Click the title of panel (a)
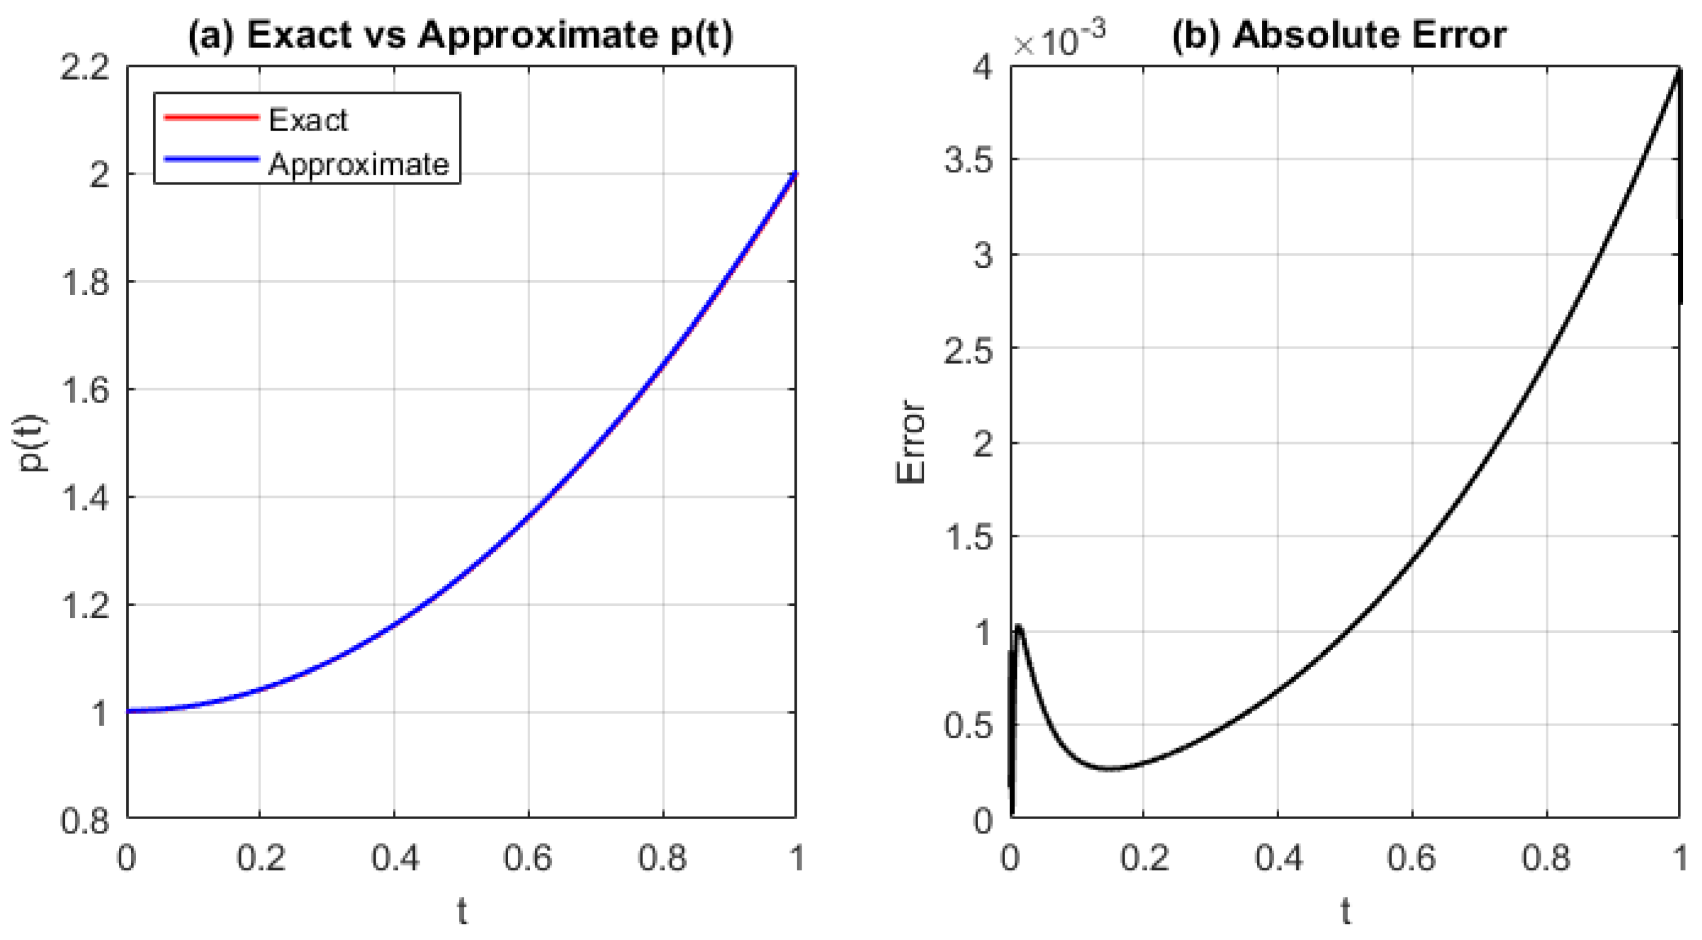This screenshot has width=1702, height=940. (x=460, y=35)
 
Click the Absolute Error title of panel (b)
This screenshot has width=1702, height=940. (x=1339, y=35)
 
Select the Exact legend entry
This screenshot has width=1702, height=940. (x=308, y=120)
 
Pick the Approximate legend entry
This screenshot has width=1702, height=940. (x=358, y=163)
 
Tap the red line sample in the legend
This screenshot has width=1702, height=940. (x=211, y=118)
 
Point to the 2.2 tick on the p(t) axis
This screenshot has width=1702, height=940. (x=85, y=67)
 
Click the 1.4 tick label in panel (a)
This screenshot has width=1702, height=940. (x=85, y=498)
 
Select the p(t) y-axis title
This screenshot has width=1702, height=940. (x=32, y=443)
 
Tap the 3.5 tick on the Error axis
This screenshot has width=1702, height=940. (x=968, y=159)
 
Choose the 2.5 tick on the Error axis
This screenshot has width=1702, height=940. (x=968, y=348)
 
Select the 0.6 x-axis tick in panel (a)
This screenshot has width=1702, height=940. (x=528, y=858)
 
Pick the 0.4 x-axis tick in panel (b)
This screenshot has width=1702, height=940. (x=1278, y=858)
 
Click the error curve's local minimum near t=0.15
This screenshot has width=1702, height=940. (x=1111, y=769)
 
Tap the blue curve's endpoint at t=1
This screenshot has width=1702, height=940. (x=795, y=175)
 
